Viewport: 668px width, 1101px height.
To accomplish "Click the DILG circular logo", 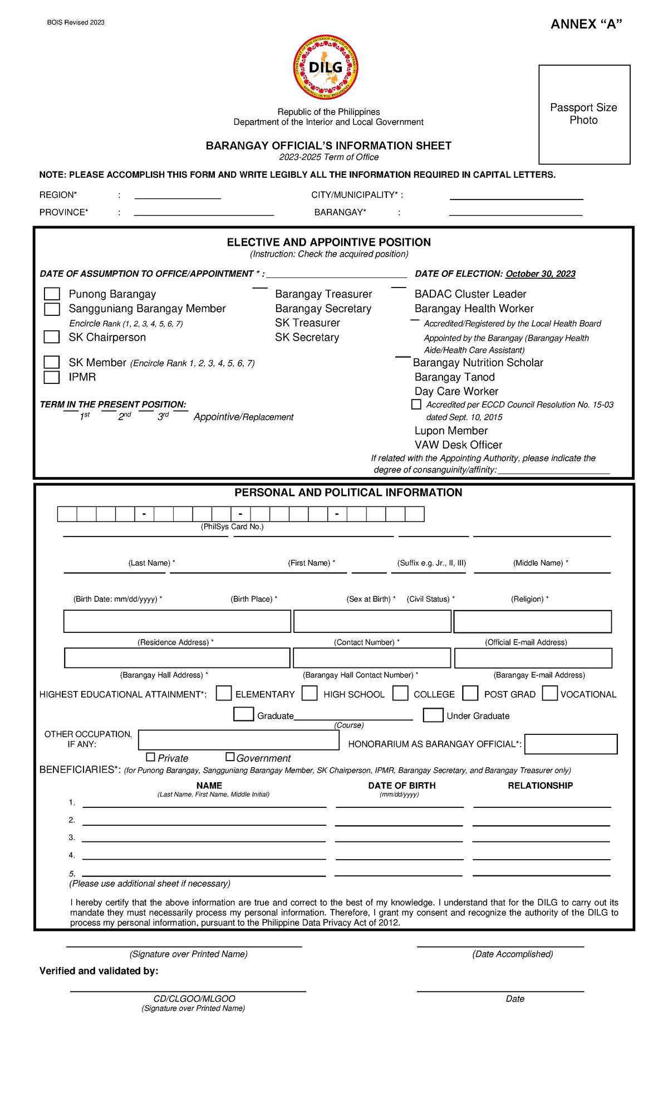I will click(326, 68).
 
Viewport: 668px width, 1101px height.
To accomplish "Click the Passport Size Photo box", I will click(584, 114).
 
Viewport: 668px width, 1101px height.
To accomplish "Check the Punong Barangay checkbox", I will click(52, 294).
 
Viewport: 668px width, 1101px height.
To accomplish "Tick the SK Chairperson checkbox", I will click(52, 337).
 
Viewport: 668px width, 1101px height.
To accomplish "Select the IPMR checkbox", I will click(52, 377).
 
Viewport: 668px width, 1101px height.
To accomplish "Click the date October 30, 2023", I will click(540, 274).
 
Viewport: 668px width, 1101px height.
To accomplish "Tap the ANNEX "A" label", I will click(586, 24).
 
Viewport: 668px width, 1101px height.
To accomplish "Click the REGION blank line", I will click(178, 196).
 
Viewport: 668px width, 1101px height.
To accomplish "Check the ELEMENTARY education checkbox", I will click(224, 693).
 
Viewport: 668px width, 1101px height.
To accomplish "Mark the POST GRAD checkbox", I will click(470, 693).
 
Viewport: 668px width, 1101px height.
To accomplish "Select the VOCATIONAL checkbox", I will click(550, 693).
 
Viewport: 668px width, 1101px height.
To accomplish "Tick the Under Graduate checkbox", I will click(433, 715).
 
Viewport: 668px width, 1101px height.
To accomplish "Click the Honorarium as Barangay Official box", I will click(571, 744).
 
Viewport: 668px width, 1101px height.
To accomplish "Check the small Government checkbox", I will click(230, 757).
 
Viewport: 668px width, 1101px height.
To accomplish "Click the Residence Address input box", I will click(177, 621).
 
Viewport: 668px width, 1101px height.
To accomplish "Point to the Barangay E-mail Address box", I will click(533, 658).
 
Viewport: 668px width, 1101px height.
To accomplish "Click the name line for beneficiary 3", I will click(204, 839).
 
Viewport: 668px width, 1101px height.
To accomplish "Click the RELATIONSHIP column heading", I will click(540, 786).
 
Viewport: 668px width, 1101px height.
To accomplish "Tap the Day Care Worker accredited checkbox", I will click(416, 405).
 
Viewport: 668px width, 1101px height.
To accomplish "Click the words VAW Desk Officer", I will click(458, 445).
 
